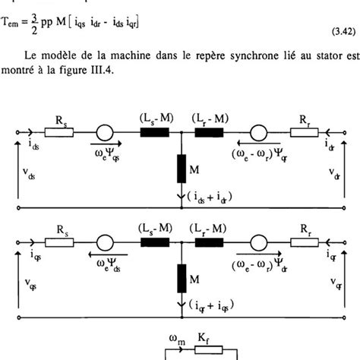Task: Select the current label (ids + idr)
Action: [x=210, y=196]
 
